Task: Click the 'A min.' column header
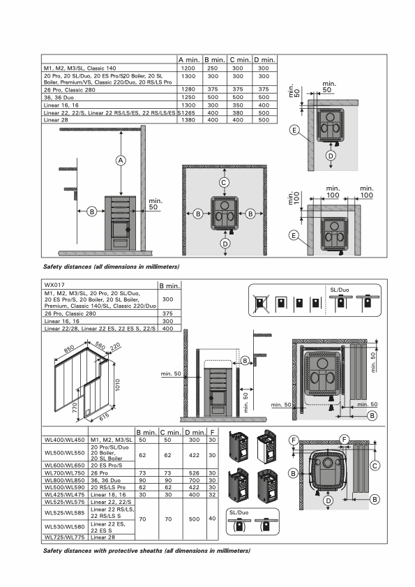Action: pos(190,60)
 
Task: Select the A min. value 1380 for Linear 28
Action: pos(188,120)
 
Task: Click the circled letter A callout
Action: pos(121,161)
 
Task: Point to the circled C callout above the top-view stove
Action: pos(224,182)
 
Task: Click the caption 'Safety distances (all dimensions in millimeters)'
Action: pos(111,267)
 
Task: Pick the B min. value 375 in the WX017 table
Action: pos(167,313)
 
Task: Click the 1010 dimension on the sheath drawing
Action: pos(117,385)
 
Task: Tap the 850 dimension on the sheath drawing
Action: pos(69,349)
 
